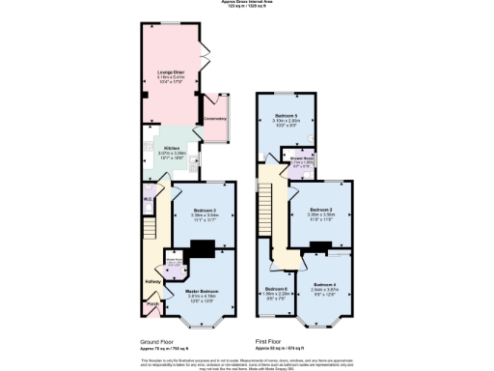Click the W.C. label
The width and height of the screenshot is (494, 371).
click(x=149, y=199)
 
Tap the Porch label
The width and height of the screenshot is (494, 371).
click(x=152, y=304)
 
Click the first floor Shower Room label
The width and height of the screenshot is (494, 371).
click(x=292, y=160)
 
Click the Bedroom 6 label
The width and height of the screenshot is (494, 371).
click(x=276, y=289)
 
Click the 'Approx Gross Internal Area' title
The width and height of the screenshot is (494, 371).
click(x=247, y=3)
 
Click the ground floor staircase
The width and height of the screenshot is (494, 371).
click(x=152, y=232)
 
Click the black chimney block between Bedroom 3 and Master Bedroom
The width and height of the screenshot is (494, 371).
click(x=203, y=248)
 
